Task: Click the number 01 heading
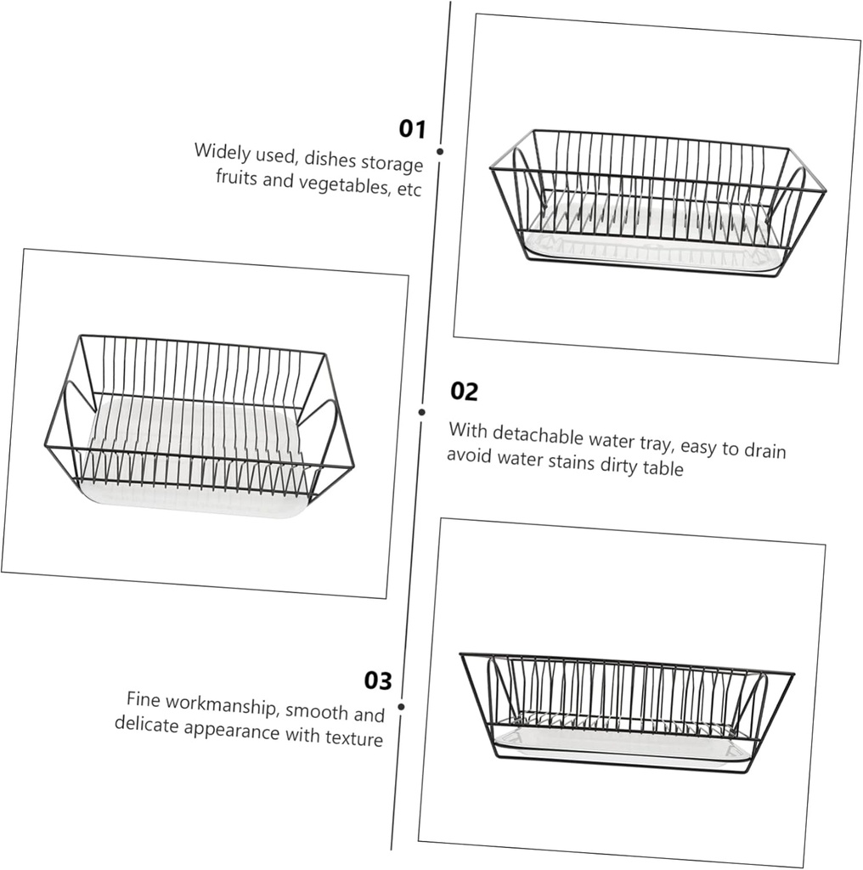click(412, 129)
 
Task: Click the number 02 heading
click(464, 392)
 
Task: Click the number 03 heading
click(379, 681)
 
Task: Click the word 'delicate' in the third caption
click(145, 725)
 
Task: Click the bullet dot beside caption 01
click(440, 151)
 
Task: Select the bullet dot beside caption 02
click(421, 412)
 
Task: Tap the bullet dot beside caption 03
click(401, 706)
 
